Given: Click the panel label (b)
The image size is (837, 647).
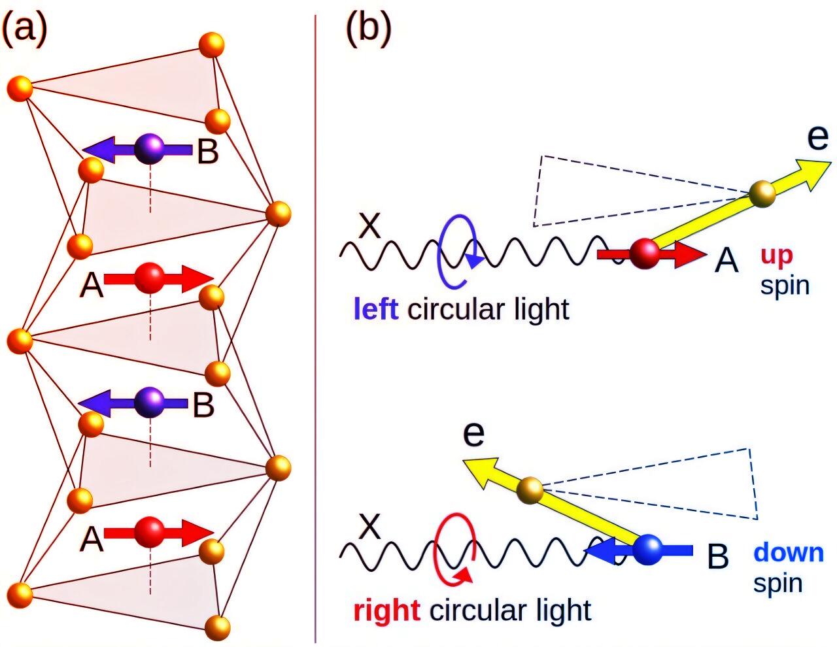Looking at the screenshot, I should point(368,29).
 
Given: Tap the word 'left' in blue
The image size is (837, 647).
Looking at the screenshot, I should point(376,309).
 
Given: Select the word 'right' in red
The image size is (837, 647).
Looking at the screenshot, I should point(386,610).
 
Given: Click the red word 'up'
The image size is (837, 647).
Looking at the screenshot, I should point(776,256).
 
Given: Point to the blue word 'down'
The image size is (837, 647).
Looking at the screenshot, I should point(789,553).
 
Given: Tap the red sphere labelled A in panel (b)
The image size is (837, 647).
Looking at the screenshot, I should point(645,254).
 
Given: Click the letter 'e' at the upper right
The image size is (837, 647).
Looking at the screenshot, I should point(817,137).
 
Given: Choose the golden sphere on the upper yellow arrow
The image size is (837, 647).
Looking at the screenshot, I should point(762,194).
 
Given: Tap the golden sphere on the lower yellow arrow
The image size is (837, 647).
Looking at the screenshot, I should point(530,491).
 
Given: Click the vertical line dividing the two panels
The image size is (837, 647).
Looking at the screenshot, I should point(316,327).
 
